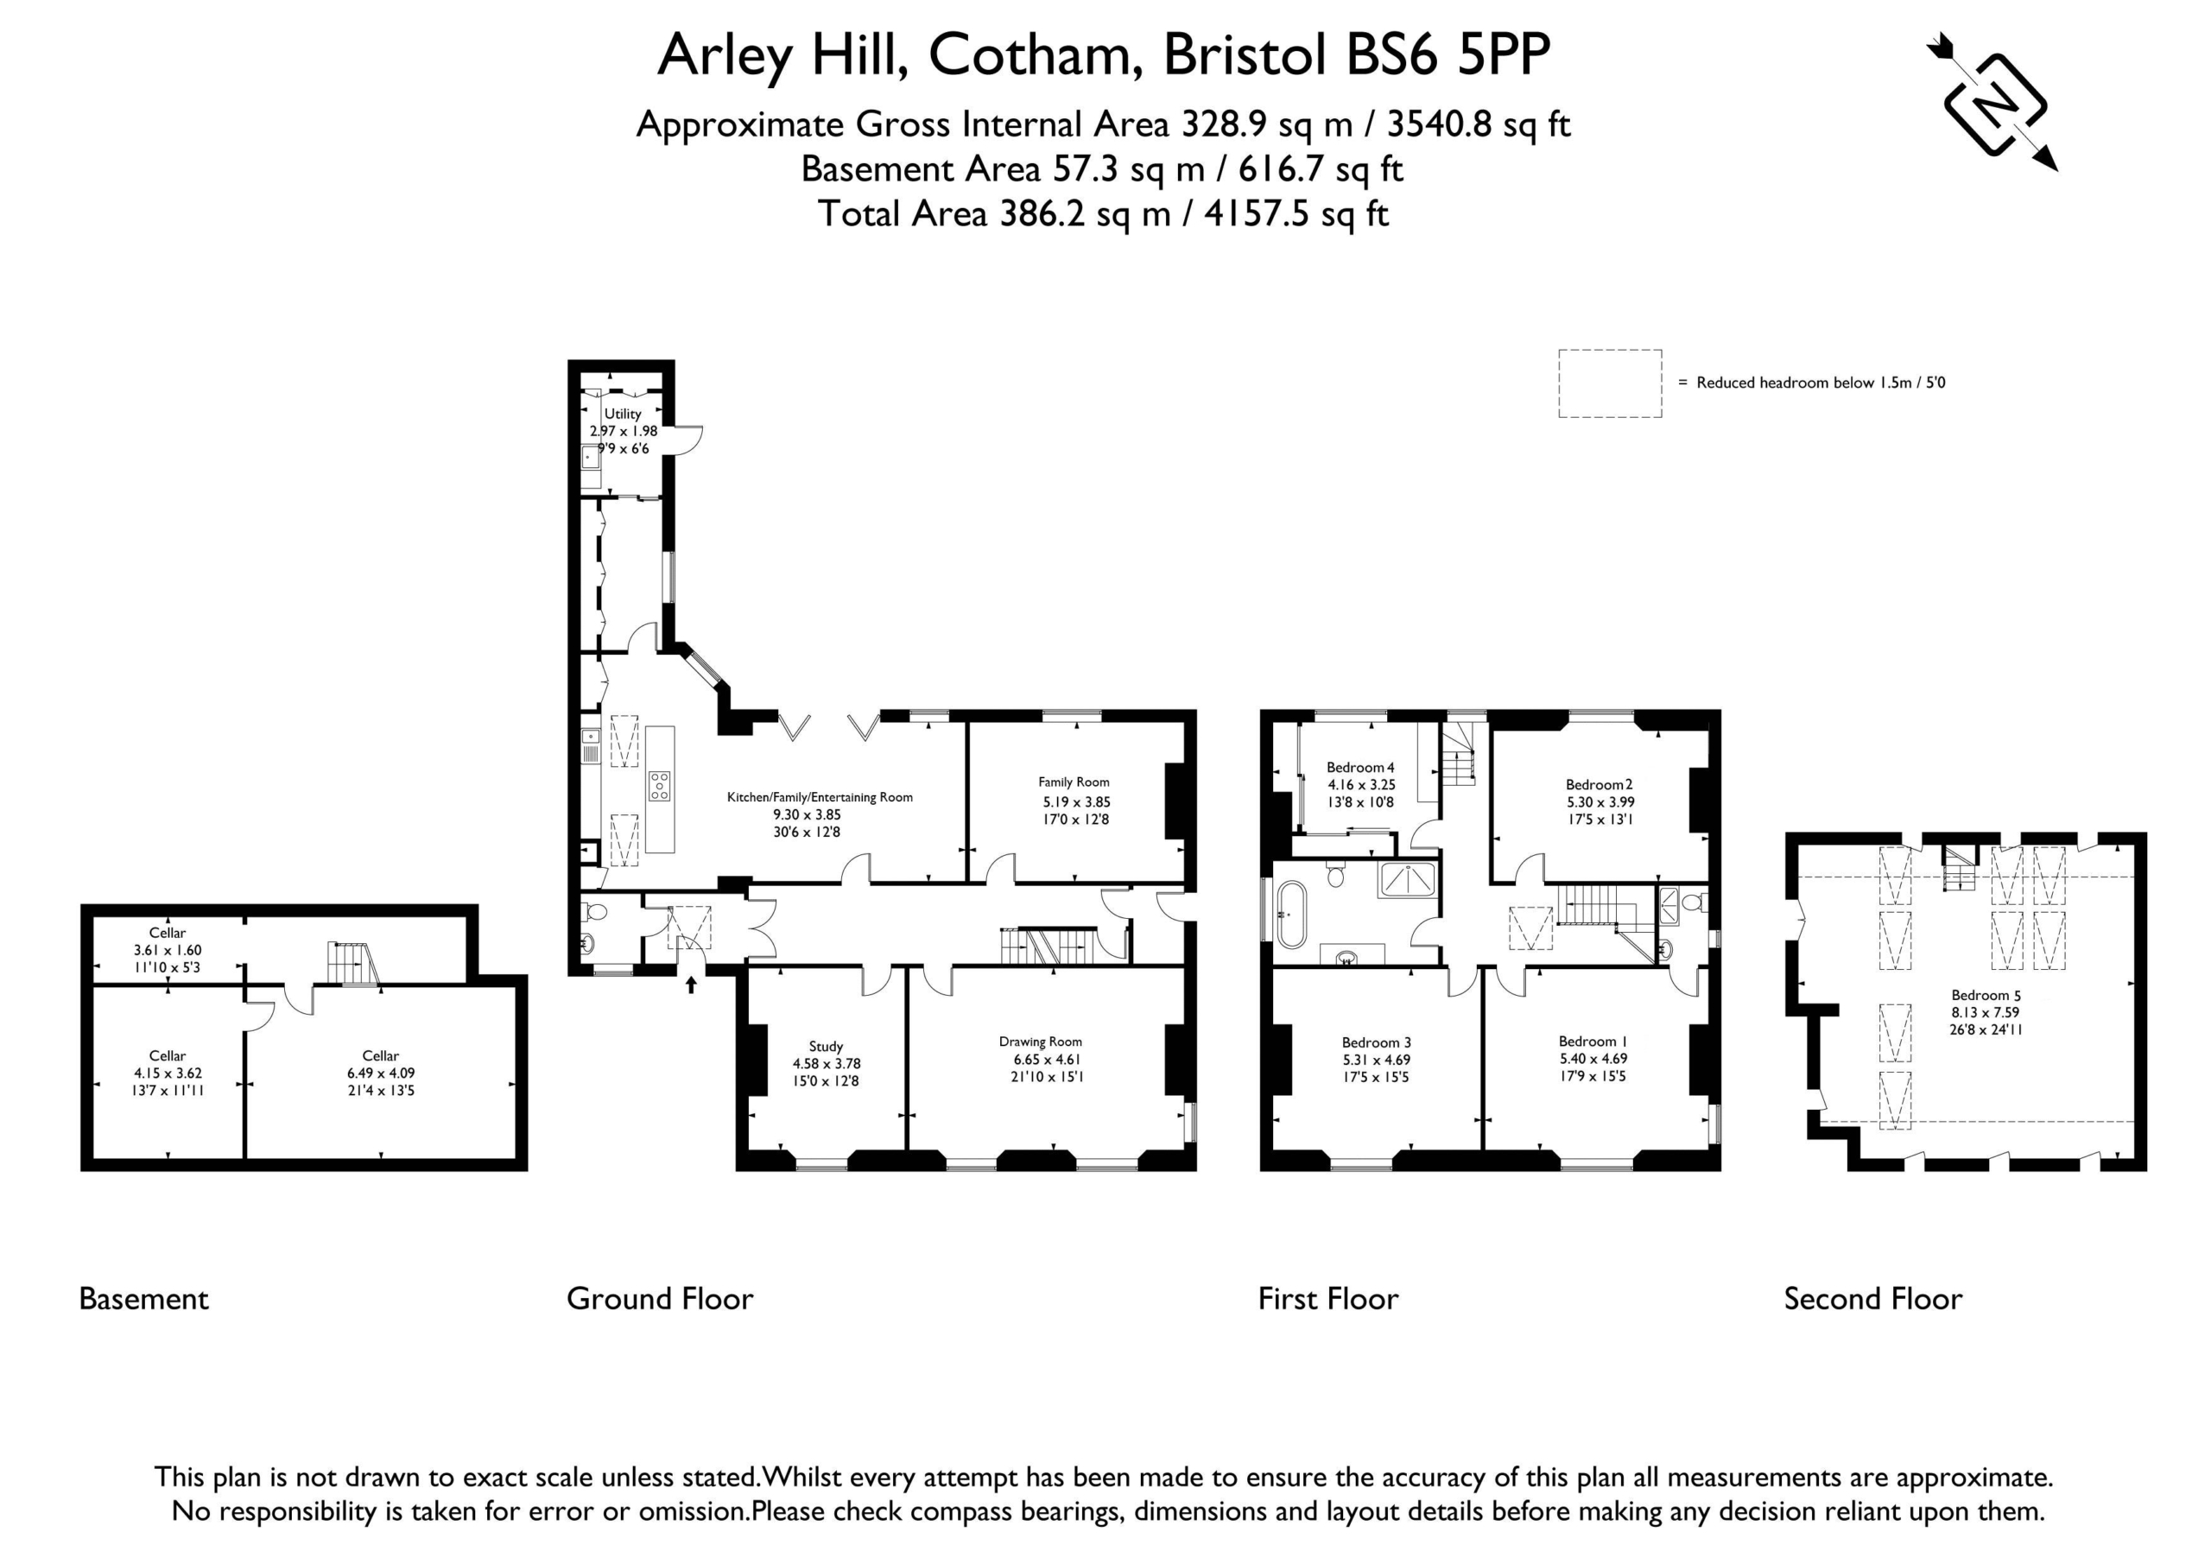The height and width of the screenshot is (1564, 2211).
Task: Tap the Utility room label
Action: point(622,413)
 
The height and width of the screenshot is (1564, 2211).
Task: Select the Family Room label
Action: point(1074,782)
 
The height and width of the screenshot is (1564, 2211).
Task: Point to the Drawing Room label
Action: point(1040,1041)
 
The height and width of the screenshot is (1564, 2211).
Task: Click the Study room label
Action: point(827,1047)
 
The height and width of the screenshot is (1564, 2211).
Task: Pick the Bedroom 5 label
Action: point(1986,995)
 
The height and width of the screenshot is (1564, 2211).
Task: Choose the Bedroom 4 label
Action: point(1359,768)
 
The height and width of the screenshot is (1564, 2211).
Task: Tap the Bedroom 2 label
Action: point(1600,785)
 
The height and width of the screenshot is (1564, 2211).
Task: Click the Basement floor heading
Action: point(143,1299)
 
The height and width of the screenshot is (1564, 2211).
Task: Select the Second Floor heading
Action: point(1873,1299)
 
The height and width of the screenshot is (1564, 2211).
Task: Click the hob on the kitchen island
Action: point(660,786)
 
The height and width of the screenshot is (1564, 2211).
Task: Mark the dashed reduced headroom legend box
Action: point(1610,383)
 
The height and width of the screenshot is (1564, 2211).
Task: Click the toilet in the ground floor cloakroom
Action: point(594,911)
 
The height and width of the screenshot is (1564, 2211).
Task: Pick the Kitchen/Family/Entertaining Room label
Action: point(820,797)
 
